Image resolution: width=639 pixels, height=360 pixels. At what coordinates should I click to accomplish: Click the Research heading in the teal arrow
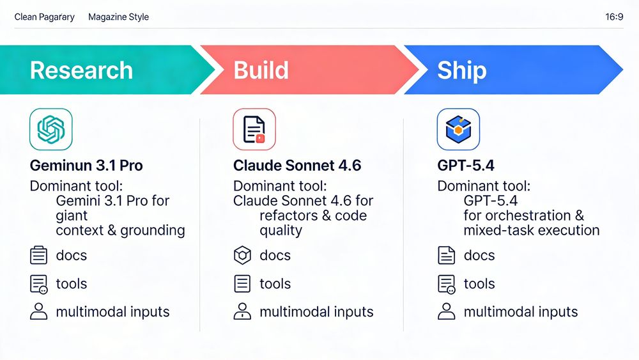[x=81, y=70]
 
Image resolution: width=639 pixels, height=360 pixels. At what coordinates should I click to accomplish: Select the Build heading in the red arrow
[x=261, y=70]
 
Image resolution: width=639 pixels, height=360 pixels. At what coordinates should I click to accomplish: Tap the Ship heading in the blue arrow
[x=461, y=70]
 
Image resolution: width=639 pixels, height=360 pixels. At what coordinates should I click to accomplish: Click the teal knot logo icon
[x=51, y=129]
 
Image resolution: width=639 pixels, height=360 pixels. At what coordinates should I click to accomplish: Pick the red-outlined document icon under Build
[x=254, y=129]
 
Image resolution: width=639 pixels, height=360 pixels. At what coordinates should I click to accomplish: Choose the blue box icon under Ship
[x=458, y=129]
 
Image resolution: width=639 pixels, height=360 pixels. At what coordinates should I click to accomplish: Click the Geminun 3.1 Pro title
[x=86, y=166]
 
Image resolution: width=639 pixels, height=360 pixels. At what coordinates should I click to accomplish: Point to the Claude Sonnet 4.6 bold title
[x=297, y=166]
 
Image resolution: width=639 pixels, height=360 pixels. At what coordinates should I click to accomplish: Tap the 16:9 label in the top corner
[x=614, y=17]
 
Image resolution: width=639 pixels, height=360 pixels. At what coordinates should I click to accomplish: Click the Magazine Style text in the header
[x=118, y=17]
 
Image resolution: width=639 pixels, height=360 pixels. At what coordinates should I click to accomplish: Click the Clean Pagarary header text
[x=44, y=17]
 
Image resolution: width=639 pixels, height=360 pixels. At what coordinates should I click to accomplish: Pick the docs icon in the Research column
[x=39, y=256]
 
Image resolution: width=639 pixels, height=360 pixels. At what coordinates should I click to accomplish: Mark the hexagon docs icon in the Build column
[x=242, y=256]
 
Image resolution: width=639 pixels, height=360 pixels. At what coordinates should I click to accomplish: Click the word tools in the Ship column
[x=479, y=284]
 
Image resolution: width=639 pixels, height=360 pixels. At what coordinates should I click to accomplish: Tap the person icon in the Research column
[x=39, y=312]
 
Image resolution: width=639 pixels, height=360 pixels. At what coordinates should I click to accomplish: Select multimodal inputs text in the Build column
[x=316, y=312]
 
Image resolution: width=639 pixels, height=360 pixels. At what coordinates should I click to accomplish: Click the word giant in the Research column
[x=72, y=216]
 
